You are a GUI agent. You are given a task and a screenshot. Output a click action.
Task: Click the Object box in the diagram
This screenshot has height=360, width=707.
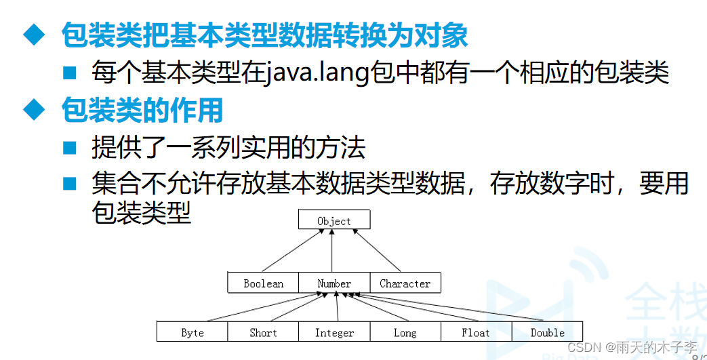click(334, 220)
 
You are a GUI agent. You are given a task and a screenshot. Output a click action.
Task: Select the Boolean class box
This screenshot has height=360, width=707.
click(263, 283)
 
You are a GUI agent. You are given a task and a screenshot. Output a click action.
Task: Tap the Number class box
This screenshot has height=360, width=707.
click(334, 283)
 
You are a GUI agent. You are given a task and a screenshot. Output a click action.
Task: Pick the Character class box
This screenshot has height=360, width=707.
click(405, 283)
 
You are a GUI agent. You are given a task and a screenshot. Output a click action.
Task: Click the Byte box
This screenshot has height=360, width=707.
click(193, 332)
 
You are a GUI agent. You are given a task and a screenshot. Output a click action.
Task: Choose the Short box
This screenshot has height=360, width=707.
click(263, 332)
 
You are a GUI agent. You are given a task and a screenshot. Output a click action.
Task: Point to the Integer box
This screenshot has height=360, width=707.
click(334, 332)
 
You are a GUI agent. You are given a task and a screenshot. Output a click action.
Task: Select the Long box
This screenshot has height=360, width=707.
click(405, 332)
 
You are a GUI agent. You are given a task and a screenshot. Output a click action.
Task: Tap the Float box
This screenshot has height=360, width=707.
click(475, 332)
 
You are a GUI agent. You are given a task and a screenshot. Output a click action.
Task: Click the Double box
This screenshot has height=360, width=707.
click(547, 332)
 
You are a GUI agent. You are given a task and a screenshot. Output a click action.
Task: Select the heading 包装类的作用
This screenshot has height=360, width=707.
click(142, 109)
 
